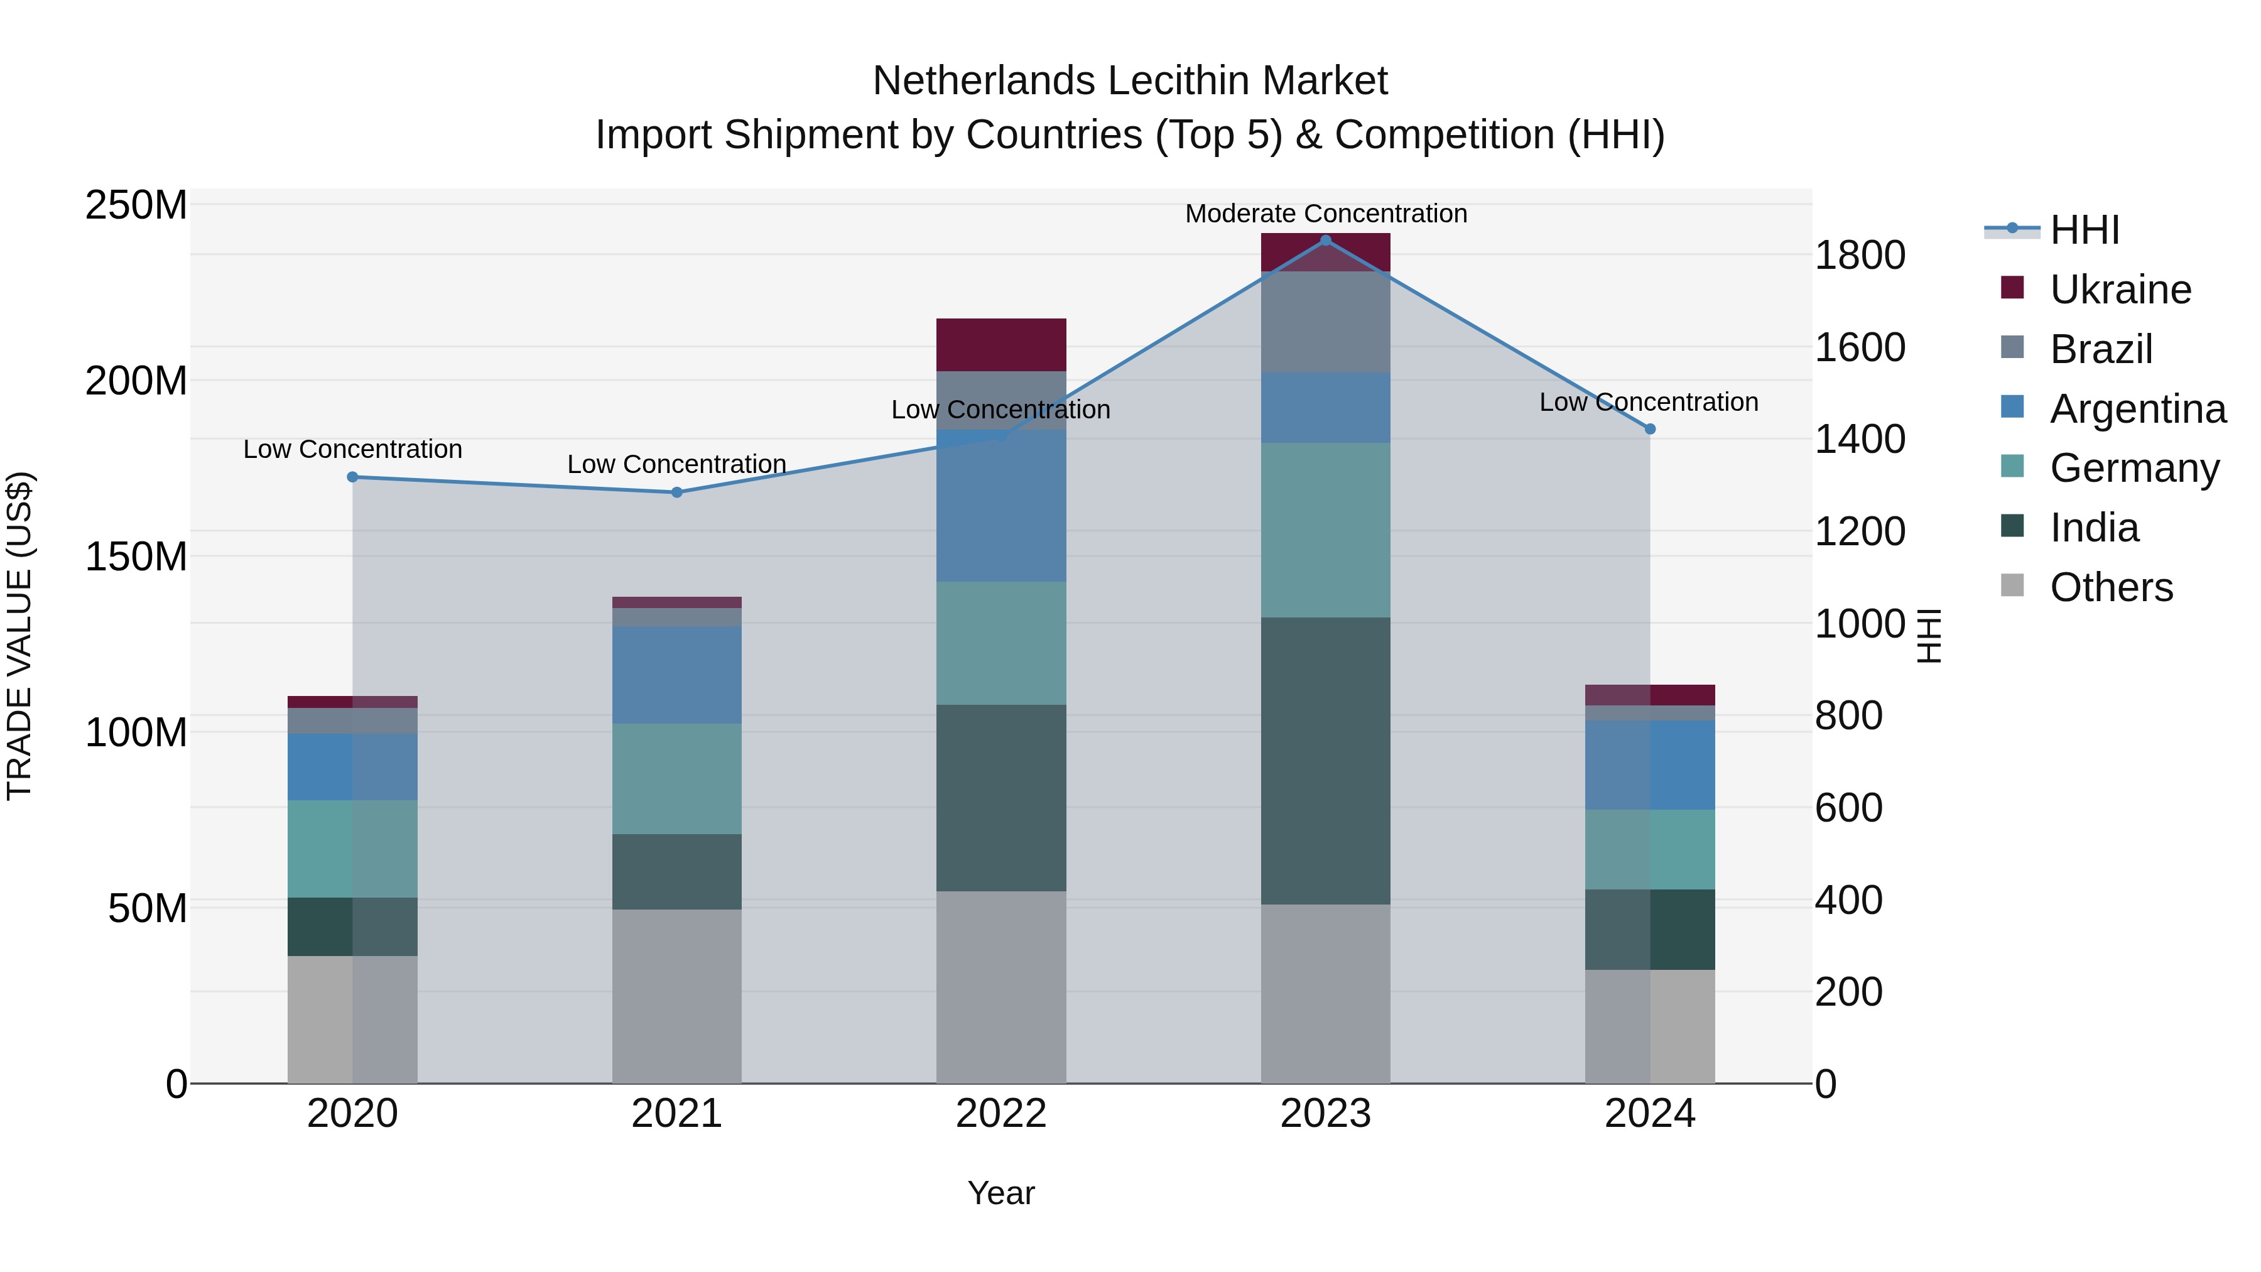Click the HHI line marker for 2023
point(1325,241)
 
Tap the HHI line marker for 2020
point(353,477)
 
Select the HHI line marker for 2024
point(1650,429)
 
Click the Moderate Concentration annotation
point(1325,214)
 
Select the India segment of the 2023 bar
point(1325,761)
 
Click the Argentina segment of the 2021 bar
point(676,675)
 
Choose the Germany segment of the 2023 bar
point(1325,530)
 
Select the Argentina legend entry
point(2137,409)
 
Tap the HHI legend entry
point(2084,230)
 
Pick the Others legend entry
point(2110,587)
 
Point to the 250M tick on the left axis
point(136,205)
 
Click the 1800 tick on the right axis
point(1860,256)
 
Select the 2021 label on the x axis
point(676,1114)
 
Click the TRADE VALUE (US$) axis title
point(19,636)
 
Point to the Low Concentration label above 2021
point(676,464)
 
